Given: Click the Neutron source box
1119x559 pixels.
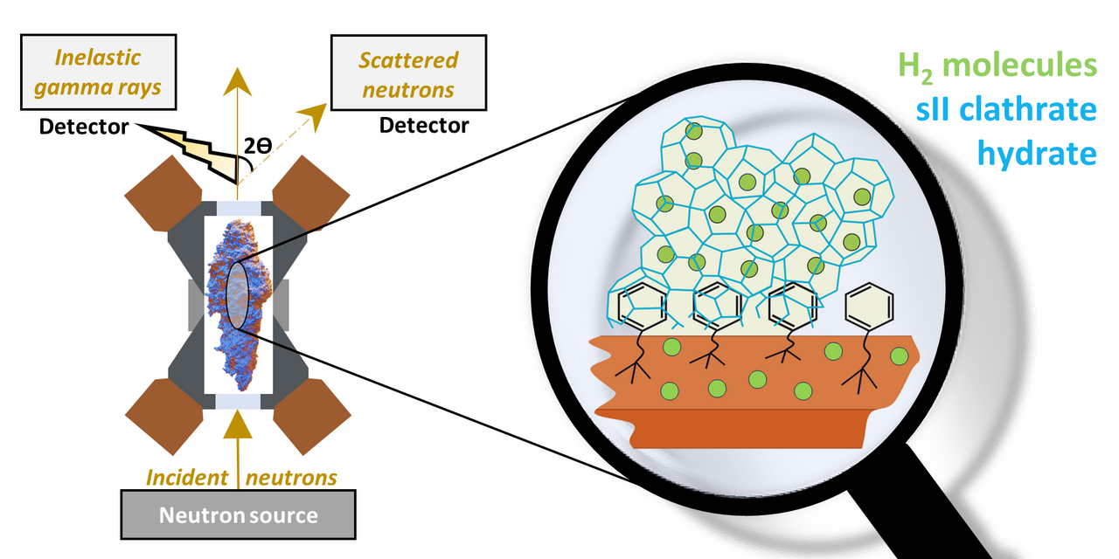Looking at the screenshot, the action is point(238,514).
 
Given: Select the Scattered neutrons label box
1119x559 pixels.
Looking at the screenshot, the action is point(408,74).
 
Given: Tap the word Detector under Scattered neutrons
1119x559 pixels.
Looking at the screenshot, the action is point(423,125).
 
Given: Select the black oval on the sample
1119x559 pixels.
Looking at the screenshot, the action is point(238,298).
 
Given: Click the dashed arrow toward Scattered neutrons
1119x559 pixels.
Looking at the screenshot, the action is point(280,140).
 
